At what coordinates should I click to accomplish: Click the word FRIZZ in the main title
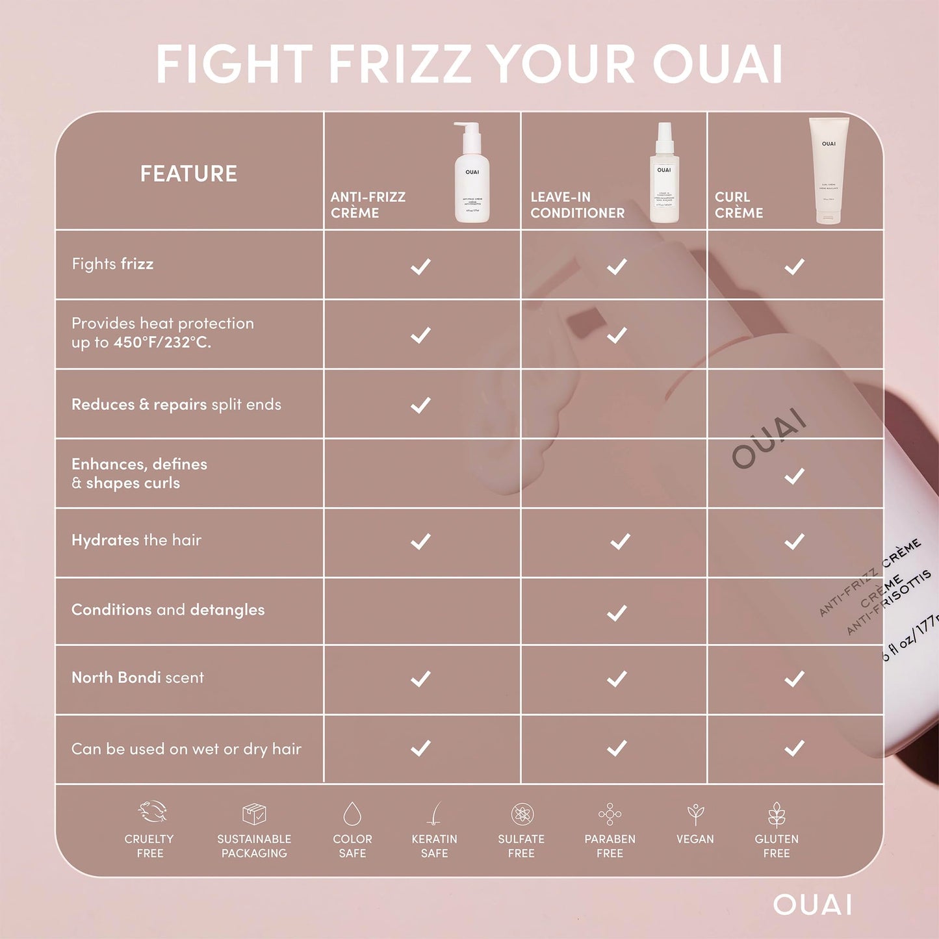[x=400, y=64]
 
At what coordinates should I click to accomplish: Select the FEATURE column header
[x=188, y=174]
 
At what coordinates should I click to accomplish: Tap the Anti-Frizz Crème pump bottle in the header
[x=472, y=173]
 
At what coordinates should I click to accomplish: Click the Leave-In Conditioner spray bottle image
[x=664, y=173]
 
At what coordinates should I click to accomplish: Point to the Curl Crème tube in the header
[x=829, y=170]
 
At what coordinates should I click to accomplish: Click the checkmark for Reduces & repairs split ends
[x=421, y=405]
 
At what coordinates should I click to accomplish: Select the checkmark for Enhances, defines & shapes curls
[x=794, y=476]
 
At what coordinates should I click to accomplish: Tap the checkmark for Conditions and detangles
[x=617, y=612]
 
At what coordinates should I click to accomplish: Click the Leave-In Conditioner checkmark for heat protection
[x=617, y=335]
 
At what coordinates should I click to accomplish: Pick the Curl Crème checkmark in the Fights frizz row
[x=794, y=266]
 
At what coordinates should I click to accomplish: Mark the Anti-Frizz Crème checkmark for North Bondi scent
[x=421, y=679]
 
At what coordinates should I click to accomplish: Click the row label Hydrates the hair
[x=136, y=540]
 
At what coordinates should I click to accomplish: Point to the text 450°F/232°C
[x=162, y=342]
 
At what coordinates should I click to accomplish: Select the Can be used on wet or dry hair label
[x=187, y=749]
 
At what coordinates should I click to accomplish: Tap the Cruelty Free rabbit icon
[x=153, y=812]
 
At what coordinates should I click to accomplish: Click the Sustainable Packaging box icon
[x=254, y=813]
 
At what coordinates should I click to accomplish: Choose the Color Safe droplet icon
[x=352, y=813]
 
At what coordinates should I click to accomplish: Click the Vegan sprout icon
[x=695, y=814]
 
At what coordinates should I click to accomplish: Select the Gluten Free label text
[x=777, y=846]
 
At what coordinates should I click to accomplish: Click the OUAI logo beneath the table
[x=812, y=905]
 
